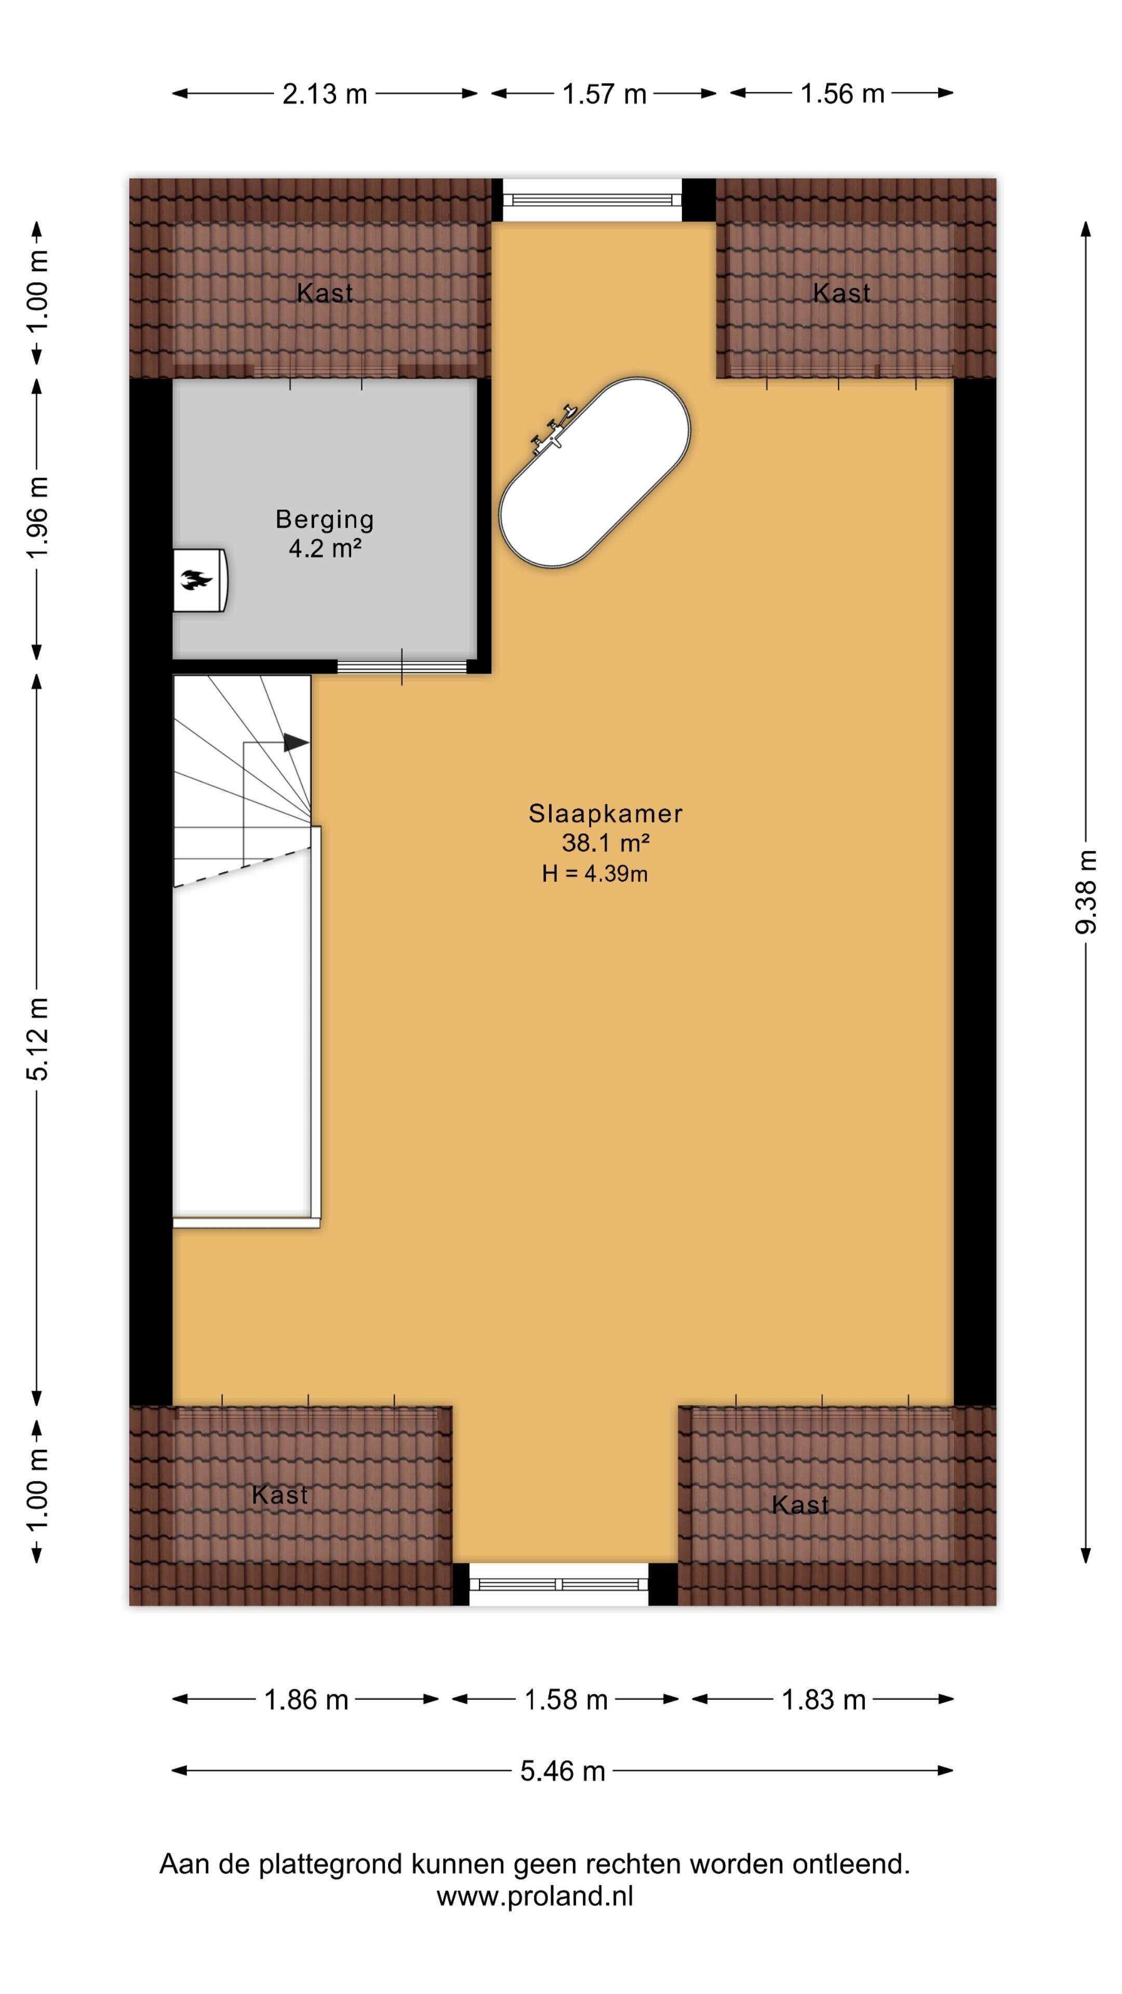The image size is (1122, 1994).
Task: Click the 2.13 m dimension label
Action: point(325,93)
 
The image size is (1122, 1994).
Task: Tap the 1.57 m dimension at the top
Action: point(604,93)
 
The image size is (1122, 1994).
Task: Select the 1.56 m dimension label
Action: point(842,93)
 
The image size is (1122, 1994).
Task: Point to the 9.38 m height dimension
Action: point(1086,891)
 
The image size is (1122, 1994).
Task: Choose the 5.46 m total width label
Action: point(562,1770)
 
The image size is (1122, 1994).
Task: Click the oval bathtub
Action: point(594,473)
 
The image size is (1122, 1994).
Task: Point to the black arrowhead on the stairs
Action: point(296,743)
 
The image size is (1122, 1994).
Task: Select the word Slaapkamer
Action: point(606,814)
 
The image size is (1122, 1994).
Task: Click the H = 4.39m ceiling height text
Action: point(595,874)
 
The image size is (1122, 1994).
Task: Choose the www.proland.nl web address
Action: point(535,1896)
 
